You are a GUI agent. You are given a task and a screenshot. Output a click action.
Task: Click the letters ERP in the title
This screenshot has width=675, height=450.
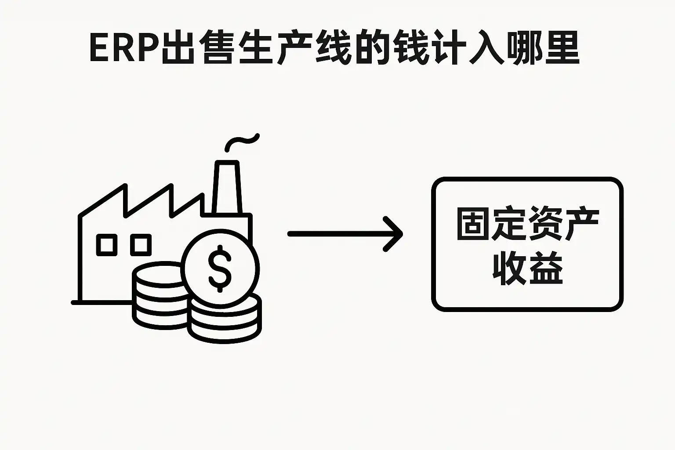[x=124, y=48]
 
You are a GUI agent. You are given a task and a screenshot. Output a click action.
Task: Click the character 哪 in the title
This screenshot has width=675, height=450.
[x=524, y=48]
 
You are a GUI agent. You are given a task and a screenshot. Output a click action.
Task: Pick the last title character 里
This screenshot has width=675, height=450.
[x=562, y=48]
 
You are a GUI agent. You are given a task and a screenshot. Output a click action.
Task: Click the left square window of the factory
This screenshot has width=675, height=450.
[x=106, y=245]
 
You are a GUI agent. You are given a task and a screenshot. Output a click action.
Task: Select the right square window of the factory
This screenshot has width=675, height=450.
[x=141, y=245]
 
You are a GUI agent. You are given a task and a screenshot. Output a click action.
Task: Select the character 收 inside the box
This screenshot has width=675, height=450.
[x=509, y=268]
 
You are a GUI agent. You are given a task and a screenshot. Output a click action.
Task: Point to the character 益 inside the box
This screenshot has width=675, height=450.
[x=546, y=268]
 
